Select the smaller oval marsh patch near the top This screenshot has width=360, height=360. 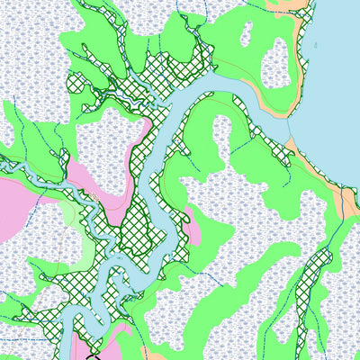point(245,34)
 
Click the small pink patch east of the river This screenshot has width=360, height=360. point(193,225)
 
